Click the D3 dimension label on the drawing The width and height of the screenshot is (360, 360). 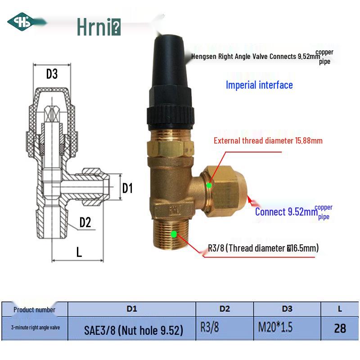pyautogui.click(x=52, y=74)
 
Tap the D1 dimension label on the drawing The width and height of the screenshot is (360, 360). pyautogui.click(x=128, y=188)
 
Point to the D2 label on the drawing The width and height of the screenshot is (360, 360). pyautogui.click(x=85, y=222)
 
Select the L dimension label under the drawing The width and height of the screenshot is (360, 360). pyautogui.click(x=79, y=252)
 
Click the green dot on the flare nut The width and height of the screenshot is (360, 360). pyautogui.click(x=209, y=185)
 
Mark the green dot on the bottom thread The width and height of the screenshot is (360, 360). pyautogui.click(x=174, y=234)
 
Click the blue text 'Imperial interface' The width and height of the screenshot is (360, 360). pyautogui.click(x=259, y=85)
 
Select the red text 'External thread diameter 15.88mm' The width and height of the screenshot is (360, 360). pyautogui.click(x=268, y=140)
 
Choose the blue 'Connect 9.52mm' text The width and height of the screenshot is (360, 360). pyautogui.click(x=286, y=211)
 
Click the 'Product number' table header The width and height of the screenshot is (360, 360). pyautogui.click(x=34, y=310)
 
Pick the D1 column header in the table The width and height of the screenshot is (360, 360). pyautogui.click(x=131, y=309)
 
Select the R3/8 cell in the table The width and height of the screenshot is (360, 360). pyautogui.click(x=210, y=328)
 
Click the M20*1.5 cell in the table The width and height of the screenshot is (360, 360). pyautogui.click(x=275, y=328)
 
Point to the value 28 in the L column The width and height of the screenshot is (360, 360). pyautogui.click(x=340, y=328)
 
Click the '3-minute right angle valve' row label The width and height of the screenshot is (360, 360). pyautogui.click(x=36, y=328)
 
